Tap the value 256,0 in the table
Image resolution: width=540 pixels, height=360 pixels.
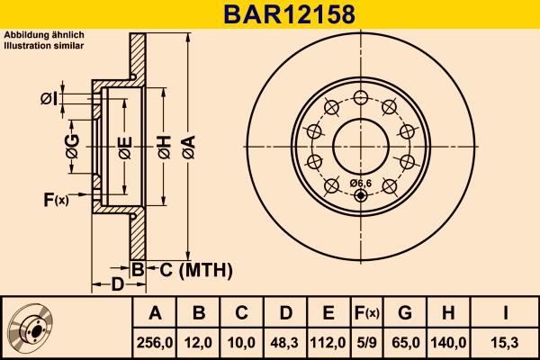pyautogui.click(x=155, y=343)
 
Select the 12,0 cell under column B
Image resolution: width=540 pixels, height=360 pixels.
pyautogui.click(x=199, y=343)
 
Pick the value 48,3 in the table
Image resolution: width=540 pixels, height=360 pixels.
pyautogui.click(x=284, y=343)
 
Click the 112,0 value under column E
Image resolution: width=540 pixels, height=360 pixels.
pyautogui.click(x=328, y=343)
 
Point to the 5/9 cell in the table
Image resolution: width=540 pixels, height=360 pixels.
pyautogui.click(x=365, y=343)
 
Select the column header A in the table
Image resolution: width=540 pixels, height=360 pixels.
pyautogui.click(x=155, y=313)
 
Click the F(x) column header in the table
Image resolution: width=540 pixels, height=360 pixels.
pyautogui.click(x=365, y=313)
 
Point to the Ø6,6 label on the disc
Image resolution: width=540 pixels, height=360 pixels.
pyautogui.click(x=360, y=184)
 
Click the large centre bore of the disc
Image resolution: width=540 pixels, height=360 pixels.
pyautogui.click(x=360, y=144)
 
